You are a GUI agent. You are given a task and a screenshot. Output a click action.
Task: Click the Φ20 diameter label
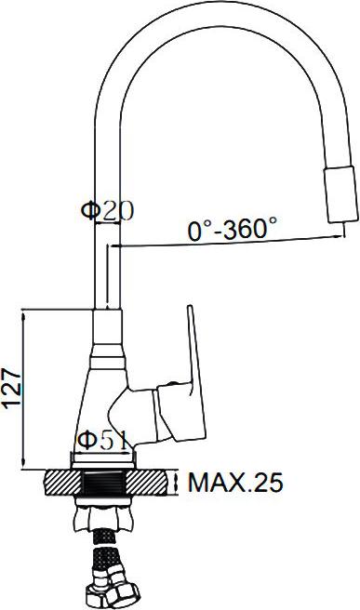[107, 210]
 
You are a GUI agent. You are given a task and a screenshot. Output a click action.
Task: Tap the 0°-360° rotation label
[233, 229]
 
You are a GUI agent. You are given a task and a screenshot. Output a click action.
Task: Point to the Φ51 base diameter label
[102, 440]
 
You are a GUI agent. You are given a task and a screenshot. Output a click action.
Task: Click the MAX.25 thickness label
[235, 483]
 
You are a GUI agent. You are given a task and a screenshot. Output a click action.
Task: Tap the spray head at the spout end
[340, 194]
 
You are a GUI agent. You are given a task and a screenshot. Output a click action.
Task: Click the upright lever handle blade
[195, 372]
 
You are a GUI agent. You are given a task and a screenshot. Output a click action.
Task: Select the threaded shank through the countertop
[105, 483]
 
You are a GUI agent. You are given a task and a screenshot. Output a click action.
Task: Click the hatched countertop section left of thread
[64, 483]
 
